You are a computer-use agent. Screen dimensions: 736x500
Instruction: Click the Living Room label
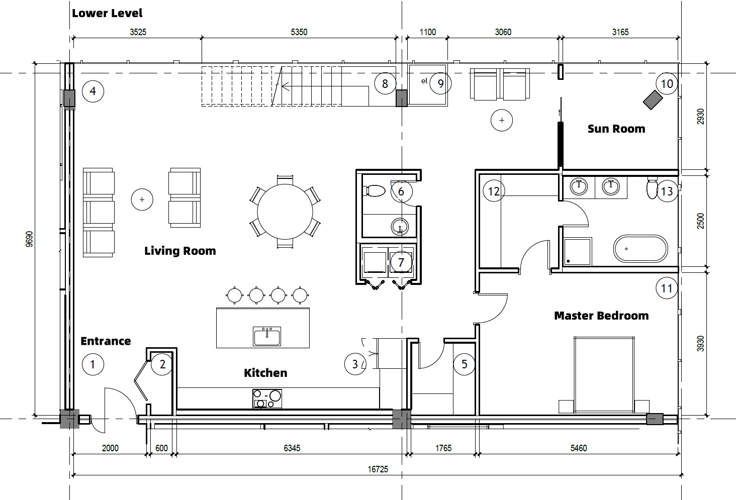(180, 251)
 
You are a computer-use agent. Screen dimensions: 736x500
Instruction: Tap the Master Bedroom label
(601, 316)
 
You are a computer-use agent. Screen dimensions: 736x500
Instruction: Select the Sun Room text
(616, 129)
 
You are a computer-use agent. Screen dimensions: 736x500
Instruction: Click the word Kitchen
(265, 373)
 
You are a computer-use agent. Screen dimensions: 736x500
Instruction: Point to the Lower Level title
(107, 13)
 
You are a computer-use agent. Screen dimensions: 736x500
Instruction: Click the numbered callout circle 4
(93, 91)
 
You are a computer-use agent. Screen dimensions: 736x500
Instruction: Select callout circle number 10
(667, 84)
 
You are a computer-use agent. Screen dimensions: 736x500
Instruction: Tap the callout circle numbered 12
(494, 191)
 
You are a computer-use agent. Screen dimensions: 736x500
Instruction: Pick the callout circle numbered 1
(93, 364)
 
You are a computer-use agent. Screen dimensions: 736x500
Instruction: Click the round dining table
(285, 212)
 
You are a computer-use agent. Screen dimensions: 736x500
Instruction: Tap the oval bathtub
(640, 249)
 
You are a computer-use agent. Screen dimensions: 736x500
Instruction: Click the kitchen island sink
(267, 336)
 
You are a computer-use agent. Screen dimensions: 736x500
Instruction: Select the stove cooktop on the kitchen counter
(267, 398)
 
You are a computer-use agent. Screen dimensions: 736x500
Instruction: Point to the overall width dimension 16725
(378, 469)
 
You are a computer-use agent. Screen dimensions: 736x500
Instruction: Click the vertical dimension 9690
(29, 239)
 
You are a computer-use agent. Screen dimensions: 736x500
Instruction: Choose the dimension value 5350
(299, 32)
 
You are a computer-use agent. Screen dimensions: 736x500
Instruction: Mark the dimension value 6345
(292, 448)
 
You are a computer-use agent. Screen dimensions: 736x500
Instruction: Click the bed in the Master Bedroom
(604, 375)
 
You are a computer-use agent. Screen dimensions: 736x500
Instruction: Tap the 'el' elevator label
(424, 80)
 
